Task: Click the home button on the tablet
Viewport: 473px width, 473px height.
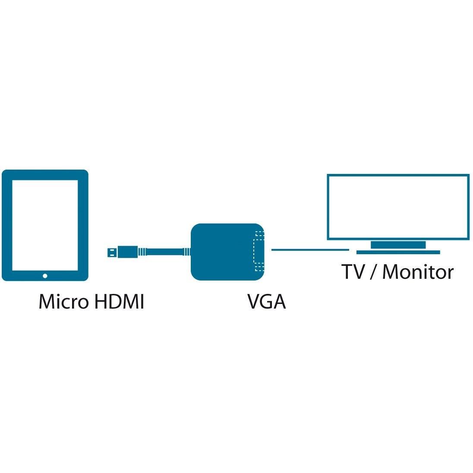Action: click(45, 275)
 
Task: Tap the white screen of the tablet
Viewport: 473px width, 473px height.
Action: click(45, 224)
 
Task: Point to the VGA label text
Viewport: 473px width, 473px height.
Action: click(266, 302)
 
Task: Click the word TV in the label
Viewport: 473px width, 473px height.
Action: click(352, 272)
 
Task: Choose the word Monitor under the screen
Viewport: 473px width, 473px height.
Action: click(418, 272)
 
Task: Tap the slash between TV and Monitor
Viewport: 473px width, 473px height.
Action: click(372, 272)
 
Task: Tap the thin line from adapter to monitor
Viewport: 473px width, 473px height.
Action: click(309, 249)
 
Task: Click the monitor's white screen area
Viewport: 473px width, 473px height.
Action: click(398, 206)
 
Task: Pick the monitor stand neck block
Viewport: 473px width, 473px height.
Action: click(398, 245)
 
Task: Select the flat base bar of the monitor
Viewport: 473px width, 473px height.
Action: click(398, 252)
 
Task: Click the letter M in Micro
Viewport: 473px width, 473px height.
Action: click(47, 302)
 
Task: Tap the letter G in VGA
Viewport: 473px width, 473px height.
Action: click(266, 302)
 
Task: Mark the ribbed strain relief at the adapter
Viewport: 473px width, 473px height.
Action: click(187, 252)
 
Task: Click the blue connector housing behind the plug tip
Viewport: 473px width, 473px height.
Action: click(127, 252)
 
